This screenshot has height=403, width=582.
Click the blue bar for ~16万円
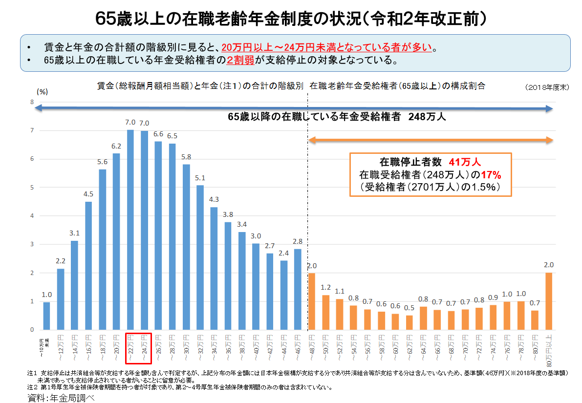[x=88, y=266]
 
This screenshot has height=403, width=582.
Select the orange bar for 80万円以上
[x=549, y=301]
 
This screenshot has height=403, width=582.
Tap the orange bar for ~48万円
[x=311, y=301]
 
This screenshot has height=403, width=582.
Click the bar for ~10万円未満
[x=46, y=316]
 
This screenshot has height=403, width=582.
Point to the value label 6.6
[x=158, y=134]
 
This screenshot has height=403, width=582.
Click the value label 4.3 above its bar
[x=214, y=199]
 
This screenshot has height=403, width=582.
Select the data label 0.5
[x=410, y=308]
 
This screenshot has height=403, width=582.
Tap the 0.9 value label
[x=493, y=297]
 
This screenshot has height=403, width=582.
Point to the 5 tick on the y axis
[x=32, y=188]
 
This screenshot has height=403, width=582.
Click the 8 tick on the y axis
[x=32, y=102]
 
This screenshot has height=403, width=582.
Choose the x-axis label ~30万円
[x=186, y=348]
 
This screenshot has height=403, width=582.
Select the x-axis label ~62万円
[x=409, y=348]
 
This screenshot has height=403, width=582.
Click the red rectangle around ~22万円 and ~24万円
[x=139, y=348]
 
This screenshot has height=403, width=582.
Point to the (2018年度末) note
[x=547, y=87]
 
